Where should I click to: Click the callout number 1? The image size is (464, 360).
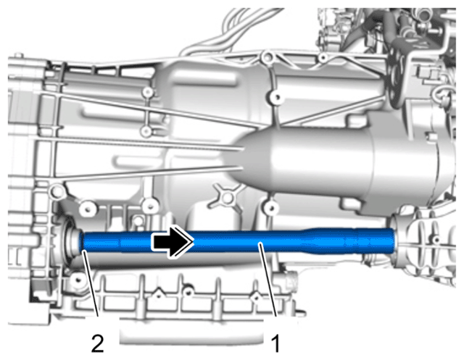point(275,343)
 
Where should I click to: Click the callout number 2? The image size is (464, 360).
point(98,343)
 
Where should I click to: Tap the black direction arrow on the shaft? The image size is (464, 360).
point(173,241)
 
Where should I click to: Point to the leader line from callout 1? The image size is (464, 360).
point(268,280)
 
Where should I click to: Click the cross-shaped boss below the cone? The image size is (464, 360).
point(227,198)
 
